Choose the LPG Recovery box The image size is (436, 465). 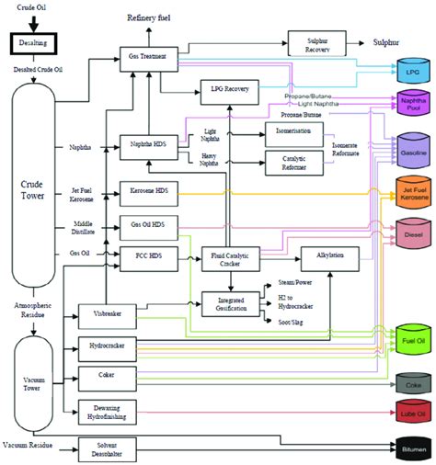point(230,90)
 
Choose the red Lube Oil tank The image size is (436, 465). point(408,414)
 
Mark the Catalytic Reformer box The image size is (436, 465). point(293,163)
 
